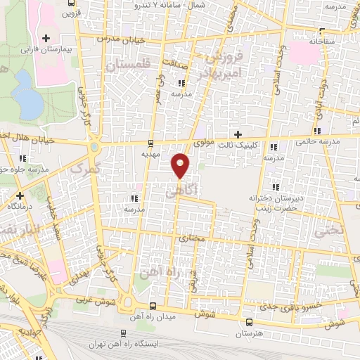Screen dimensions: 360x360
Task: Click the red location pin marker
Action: click(181, 165)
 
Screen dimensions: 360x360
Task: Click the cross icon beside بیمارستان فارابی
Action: click(47, 37)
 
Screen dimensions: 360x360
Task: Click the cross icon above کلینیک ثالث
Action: click(238, 134)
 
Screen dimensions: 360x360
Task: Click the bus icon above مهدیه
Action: click(153, 143)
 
